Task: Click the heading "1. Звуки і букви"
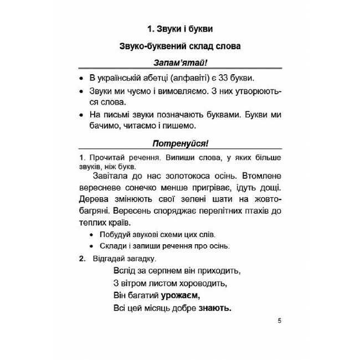point(179,27)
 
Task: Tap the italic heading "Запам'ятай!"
point(179,64)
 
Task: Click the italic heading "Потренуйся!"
point(179,145)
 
